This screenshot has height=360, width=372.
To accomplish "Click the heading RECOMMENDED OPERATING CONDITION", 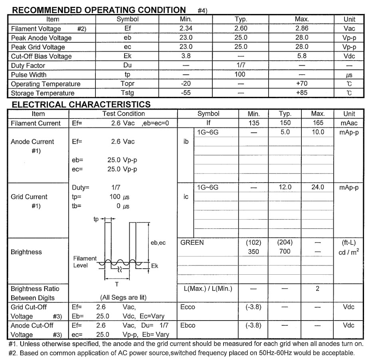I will (x=99, y=10).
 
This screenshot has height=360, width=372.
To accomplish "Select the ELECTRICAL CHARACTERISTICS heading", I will (x=81, y=104).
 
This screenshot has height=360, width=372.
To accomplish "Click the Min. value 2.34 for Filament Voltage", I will (x=186, y=29).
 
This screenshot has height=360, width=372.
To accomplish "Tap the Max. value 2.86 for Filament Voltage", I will (x=302, y=29).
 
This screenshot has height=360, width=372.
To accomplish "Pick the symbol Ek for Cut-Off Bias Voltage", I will (x=128, y=56).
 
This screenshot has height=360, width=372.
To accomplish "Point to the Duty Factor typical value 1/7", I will (x=241, y=65).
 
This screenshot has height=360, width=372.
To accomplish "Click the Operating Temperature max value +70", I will (x=302, y=84).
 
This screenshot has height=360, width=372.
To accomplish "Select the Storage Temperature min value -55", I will (x=186, y=93).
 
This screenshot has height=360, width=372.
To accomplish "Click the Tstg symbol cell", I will (x=128, y=93).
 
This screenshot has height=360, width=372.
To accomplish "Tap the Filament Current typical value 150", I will (x=285, y=123).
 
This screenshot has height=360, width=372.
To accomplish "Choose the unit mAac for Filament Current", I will (x=349, y=123).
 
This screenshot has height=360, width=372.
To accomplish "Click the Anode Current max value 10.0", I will (x=318, y=132).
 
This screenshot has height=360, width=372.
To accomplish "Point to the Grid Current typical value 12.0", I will (x=285, y=187).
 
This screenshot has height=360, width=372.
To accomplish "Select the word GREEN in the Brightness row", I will (x=192, y=242).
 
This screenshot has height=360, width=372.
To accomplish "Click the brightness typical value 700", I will (x=285, y=252).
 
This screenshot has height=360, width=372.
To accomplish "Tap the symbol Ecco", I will (x=188, y=307).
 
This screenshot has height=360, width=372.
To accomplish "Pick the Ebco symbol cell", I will (x=188, y=325).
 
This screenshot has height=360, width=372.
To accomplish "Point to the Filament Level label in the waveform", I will (x=85, y=262).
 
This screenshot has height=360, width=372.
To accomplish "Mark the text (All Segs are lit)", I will (x=123, y=297).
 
